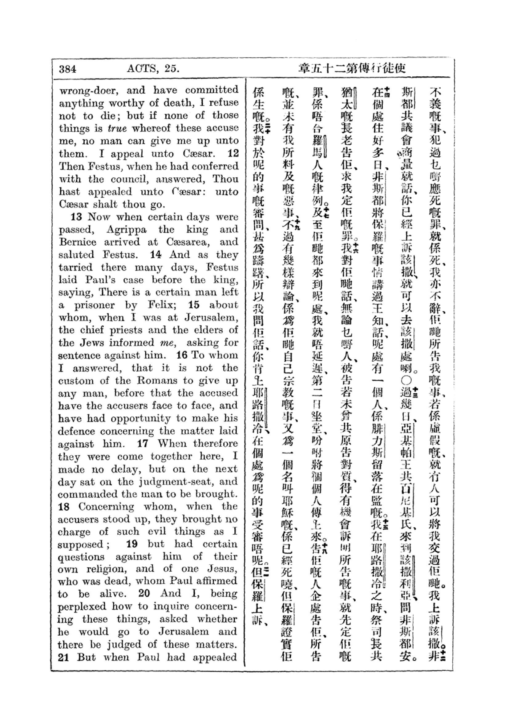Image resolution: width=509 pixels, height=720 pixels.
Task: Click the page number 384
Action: (x=68, y=69)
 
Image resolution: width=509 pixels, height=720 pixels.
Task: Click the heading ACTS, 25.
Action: (x=153, y=68)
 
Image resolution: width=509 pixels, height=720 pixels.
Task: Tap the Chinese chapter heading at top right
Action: (x=352, y=68)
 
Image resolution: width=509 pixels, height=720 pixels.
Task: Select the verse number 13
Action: (x=76, y=217)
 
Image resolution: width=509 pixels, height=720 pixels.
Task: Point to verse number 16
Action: (x=182, y=355)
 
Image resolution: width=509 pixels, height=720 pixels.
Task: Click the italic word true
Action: (x=117, y=128)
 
